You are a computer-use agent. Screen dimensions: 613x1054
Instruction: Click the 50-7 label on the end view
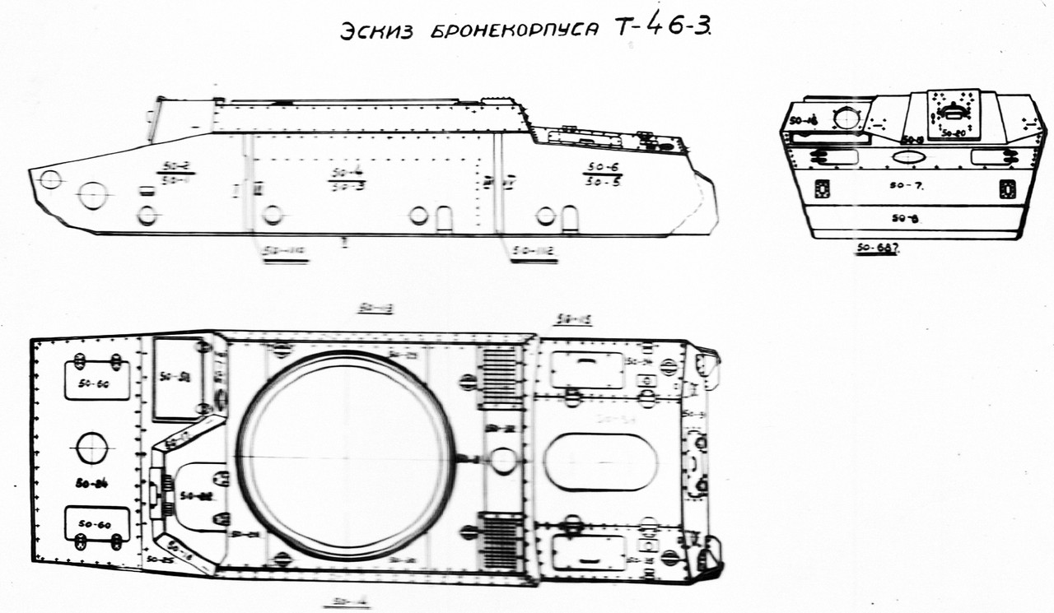pos(907,186)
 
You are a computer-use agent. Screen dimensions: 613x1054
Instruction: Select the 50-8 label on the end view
pos(907,219)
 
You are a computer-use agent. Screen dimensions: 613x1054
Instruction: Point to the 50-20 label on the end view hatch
pos(953,132)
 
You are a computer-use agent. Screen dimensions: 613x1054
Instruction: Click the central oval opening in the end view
pos(907,156)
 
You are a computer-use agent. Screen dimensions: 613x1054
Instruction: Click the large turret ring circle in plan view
pos(346,455)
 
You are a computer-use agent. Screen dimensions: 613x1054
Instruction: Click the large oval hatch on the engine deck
pos(600,462)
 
